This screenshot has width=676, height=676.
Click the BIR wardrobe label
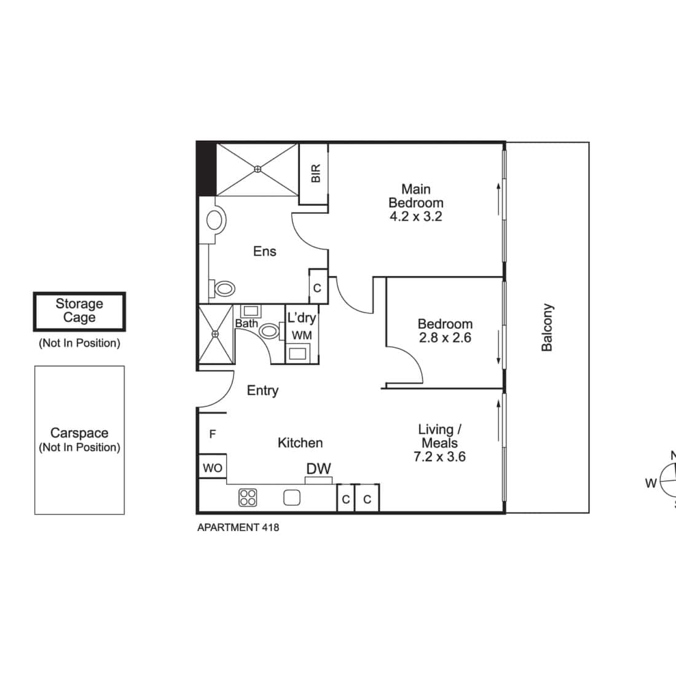[x=316, y=173]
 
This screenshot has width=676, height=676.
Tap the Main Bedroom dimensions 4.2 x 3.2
[x=416, y=216]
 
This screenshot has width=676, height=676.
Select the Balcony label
[x=547, y=328]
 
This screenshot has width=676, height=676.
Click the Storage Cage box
[x=79, y=312]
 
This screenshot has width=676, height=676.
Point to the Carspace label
[x=79, y=433]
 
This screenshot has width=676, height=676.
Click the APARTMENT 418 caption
[x=238, y=527]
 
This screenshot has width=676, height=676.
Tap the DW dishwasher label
[x=318, y=469]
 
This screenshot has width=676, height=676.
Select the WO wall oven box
[x=213, y=466]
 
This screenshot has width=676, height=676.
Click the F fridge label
[x=213, y=434]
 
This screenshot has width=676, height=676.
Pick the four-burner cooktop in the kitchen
[x=248, y=498]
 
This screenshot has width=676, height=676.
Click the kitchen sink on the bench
[x=292, y=498]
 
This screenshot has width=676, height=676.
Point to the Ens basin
[x=216, y=220]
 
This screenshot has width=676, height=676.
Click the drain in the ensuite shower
[x=257, y=170]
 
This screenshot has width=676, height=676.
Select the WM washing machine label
[x=302, y=335]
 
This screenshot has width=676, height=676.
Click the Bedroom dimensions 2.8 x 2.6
[x=446, y=337]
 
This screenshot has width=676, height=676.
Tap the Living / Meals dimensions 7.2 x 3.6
[x=440, y=457]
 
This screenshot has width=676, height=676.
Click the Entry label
[x=262, y=391]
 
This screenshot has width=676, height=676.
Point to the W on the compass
[x=651, y=483]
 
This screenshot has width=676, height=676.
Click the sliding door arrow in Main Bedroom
[x=498, y=198]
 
